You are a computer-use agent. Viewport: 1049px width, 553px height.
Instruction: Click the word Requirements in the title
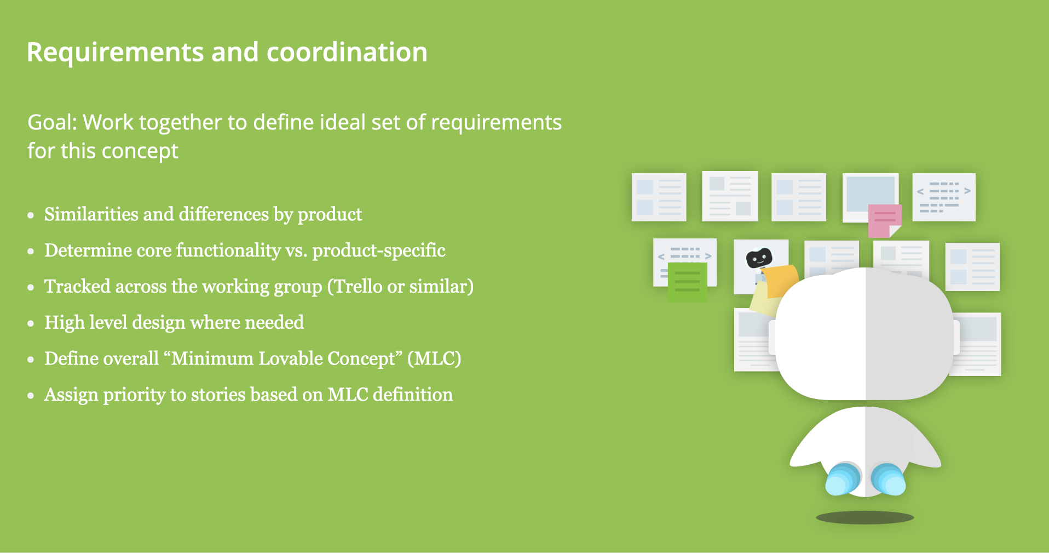pyautogui.click(x=116, y=53)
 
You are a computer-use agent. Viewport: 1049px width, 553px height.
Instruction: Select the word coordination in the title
pyautogui.click(x=347, y=53)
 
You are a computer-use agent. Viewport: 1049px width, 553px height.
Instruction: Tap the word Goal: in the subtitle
pyautogui.click(x=53, y=123)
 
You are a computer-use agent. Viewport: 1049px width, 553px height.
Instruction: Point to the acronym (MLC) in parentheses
pyautogui.click(x=434, y=358)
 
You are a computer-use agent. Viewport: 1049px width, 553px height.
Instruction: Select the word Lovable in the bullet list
pyautogui.click(x=291, y=358)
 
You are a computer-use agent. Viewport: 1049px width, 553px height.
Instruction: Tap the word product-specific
pyautogui.click(x=379, y=250)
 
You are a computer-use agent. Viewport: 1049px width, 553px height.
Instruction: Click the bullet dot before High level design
pyautogui.click(x=31, y=324)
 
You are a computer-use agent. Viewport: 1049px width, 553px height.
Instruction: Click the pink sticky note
pyautogui.click(x=883, y=220)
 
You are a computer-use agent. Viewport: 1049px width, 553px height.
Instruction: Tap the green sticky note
pyautogui.click(x=688, y=282)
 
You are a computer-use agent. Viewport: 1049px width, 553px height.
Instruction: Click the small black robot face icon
pyautogui.click(x=759, y=258)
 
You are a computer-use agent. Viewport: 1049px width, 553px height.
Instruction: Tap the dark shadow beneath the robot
pyautogui.click(x=864, y=517)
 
